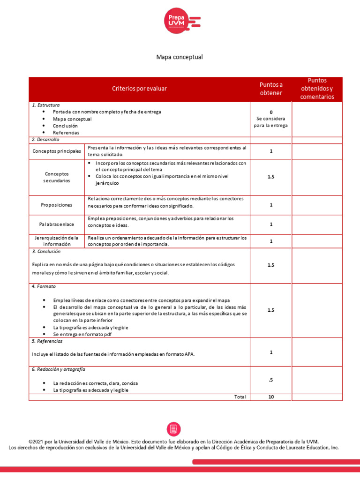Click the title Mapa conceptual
(180, 57)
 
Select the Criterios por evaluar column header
(139, 89)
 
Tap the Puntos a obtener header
(271, 89)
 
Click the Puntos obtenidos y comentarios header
(317, 89)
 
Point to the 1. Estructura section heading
(45, 105)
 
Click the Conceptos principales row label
(57, 151)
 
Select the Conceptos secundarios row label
(57, 177)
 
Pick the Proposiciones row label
(57, 205)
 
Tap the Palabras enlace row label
(57, 225)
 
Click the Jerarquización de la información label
(57, 241)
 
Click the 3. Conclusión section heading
(46, 252)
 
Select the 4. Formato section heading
(44, 286)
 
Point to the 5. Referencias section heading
(47, 341)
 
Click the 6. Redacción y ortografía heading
(58, 369)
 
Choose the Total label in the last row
(240, 397)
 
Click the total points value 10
(271, 397)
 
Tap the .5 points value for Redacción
(271, 380)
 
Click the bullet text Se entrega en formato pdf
(82, 335)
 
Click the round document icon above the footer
(173, 429)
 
